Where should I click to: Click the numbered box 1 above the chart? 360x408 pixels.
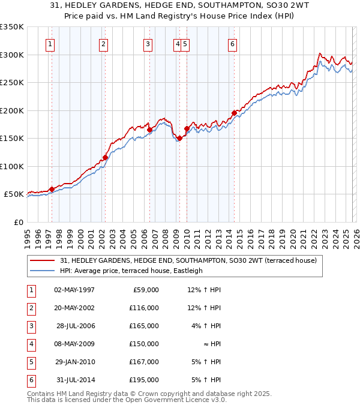coord(50,43)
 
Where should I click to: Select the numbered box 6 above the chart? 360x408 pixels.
coord(232,43)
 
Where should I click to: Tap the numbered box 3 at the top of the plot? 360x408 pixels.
coord(148,43)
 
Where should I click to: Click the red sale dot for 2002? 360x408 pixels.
coord(105,158)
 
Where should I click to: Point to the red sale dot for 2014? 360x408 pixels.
coord(234,113)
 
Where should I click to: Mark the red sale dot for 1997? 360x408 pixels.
coord(52,189)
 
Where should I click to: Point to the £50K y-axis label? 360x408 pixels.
coord(14,194)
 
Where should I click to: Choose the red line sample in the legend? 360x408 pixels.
coord(43,261)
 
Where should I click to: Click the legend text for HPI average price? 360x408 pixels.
coord(131,271)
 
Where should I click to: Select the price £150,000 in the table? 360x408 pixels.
coord(144,344)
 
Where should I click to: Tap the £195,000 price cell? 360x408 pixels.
coord(144,380)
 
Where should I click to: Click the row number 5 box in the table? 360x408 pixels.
coord(29,362)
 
